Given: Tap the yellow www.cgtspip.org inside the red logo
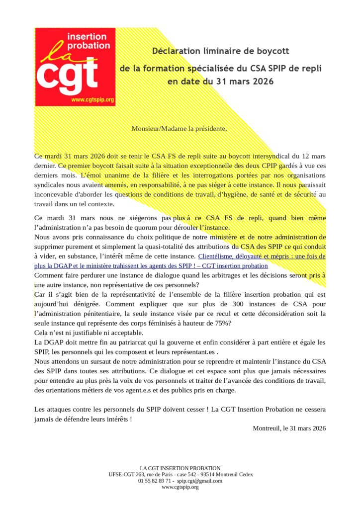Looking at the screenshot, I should coord(92,100).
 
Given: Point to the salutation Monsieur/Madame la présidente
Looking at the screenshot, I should coord(179,128).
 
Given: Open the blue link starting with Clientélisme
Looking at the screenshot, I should coord(262,256).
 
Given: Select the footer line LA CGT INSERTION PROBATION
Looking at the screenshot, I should coord(180,468).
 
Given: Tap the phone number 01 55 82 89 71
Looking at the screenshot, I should coord(156,481).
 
